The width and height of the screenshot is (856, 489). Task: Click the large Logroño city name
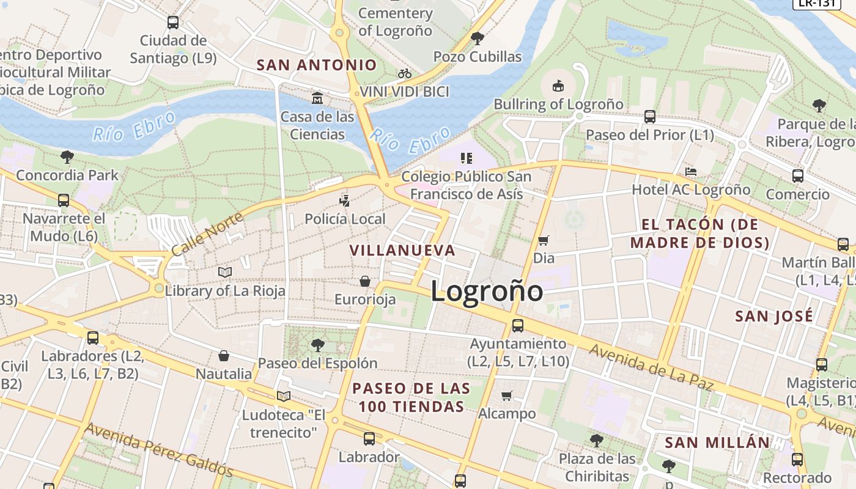point(487,291)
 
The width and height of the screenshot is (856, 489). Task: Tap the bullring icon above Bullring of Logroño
point(558,86)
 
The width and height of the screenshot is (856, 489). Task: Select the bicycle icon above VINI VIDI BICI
point(405,73)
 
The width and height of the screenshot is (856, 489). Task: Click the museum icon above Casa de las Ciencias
point(317,98)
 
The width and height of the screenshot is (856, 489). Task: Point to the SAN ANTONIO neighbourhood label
point(317,65)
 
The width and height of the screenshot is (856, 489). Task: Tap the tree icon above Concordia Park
point(67,156)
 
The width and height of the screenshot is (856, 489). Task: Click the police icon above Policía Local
point(345,200)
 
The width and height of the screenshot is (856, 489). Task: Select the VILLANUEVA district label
point(402,250)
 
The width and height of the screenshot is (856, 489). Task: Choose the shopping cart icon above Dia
point(543,240)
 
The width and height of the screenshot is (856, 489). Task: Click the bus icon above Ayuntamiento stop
point(518,325)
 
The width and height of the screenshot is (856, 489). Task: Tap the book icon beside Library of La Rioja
point(225,272)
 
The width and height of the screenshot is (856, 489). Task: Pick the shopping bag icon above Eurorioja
point(365,281)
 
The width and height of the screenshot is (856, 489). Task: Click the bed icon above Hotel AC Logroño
point(691,172)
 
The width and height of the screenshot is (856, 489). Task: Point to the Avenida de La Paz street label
point(651,367)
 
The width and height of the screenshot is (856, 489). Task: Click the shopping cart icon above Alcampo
point(507,395)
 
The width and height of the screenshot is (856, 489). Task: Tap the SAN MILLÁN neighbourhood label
point(717,443)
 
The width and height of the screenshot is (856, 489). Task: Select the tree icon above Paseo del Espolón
point(317,345)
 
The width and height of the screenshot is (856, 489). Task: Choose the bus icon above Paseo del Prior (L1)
point(650,116)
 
